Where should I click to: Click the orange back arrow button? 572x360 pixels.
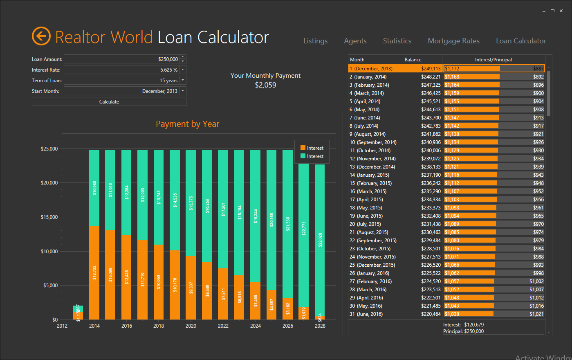coord(41,36)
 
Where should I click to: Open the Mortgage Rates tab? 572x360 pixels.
coord(453,41)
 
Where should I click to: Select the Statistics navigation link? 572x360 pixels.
coord(397,41)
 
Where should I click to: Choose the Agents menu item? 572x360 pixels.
coord(355,41)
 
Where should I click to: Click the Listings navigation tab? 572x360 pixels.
coord(315,41)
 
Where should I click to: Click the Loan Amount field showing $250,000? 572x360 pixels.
coord(122,59)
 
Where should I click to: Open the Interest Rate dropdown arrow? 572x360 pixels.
coord(183,70)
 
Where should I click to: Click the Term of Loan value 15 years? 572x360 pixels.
coord(122,81)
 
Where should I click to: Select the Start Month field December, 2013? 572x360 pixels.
coord(122,91)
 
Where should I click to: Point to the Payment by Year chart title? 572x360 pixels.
coord(187,124)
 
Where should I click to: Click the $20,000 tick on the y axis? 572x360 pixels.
coord(49,183)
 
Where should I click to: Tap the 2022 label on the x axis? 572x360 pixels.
coord(223,326)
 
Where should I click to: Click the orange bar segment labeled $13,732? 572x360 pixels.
coord(94,272)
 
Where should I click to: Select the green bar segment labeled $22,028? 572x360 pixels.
coord(320,239)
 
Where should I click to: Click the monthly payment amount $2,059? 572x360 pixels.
coord(265,85)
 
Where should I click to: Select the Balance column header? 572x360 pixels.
coord(413,60)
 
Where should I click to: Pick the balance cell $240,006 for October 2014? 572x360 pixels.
coord(431,151)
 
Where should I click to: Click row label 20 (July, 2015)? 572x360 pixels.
coord(365,224)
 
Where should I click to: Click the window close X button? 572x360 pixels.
coord(561,11)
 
